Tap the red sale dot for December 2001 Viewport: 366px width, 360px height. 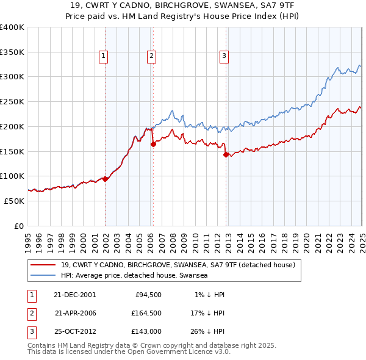point(105,179)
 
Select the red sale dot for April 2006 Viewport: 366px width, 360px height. point(153,144)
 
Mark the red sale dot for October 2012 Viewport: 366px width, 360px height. point(226,154)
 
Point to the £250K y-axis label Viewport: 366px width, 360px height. point(12,102)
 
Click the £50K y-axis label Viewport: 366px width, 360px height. point(14,201)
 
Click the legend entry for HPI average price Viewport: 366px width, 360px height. point(134,276)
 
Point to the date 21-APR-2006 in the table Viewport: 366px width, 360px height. point(75,313)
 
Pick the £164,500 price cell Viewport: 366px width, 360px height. point(146,313)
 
